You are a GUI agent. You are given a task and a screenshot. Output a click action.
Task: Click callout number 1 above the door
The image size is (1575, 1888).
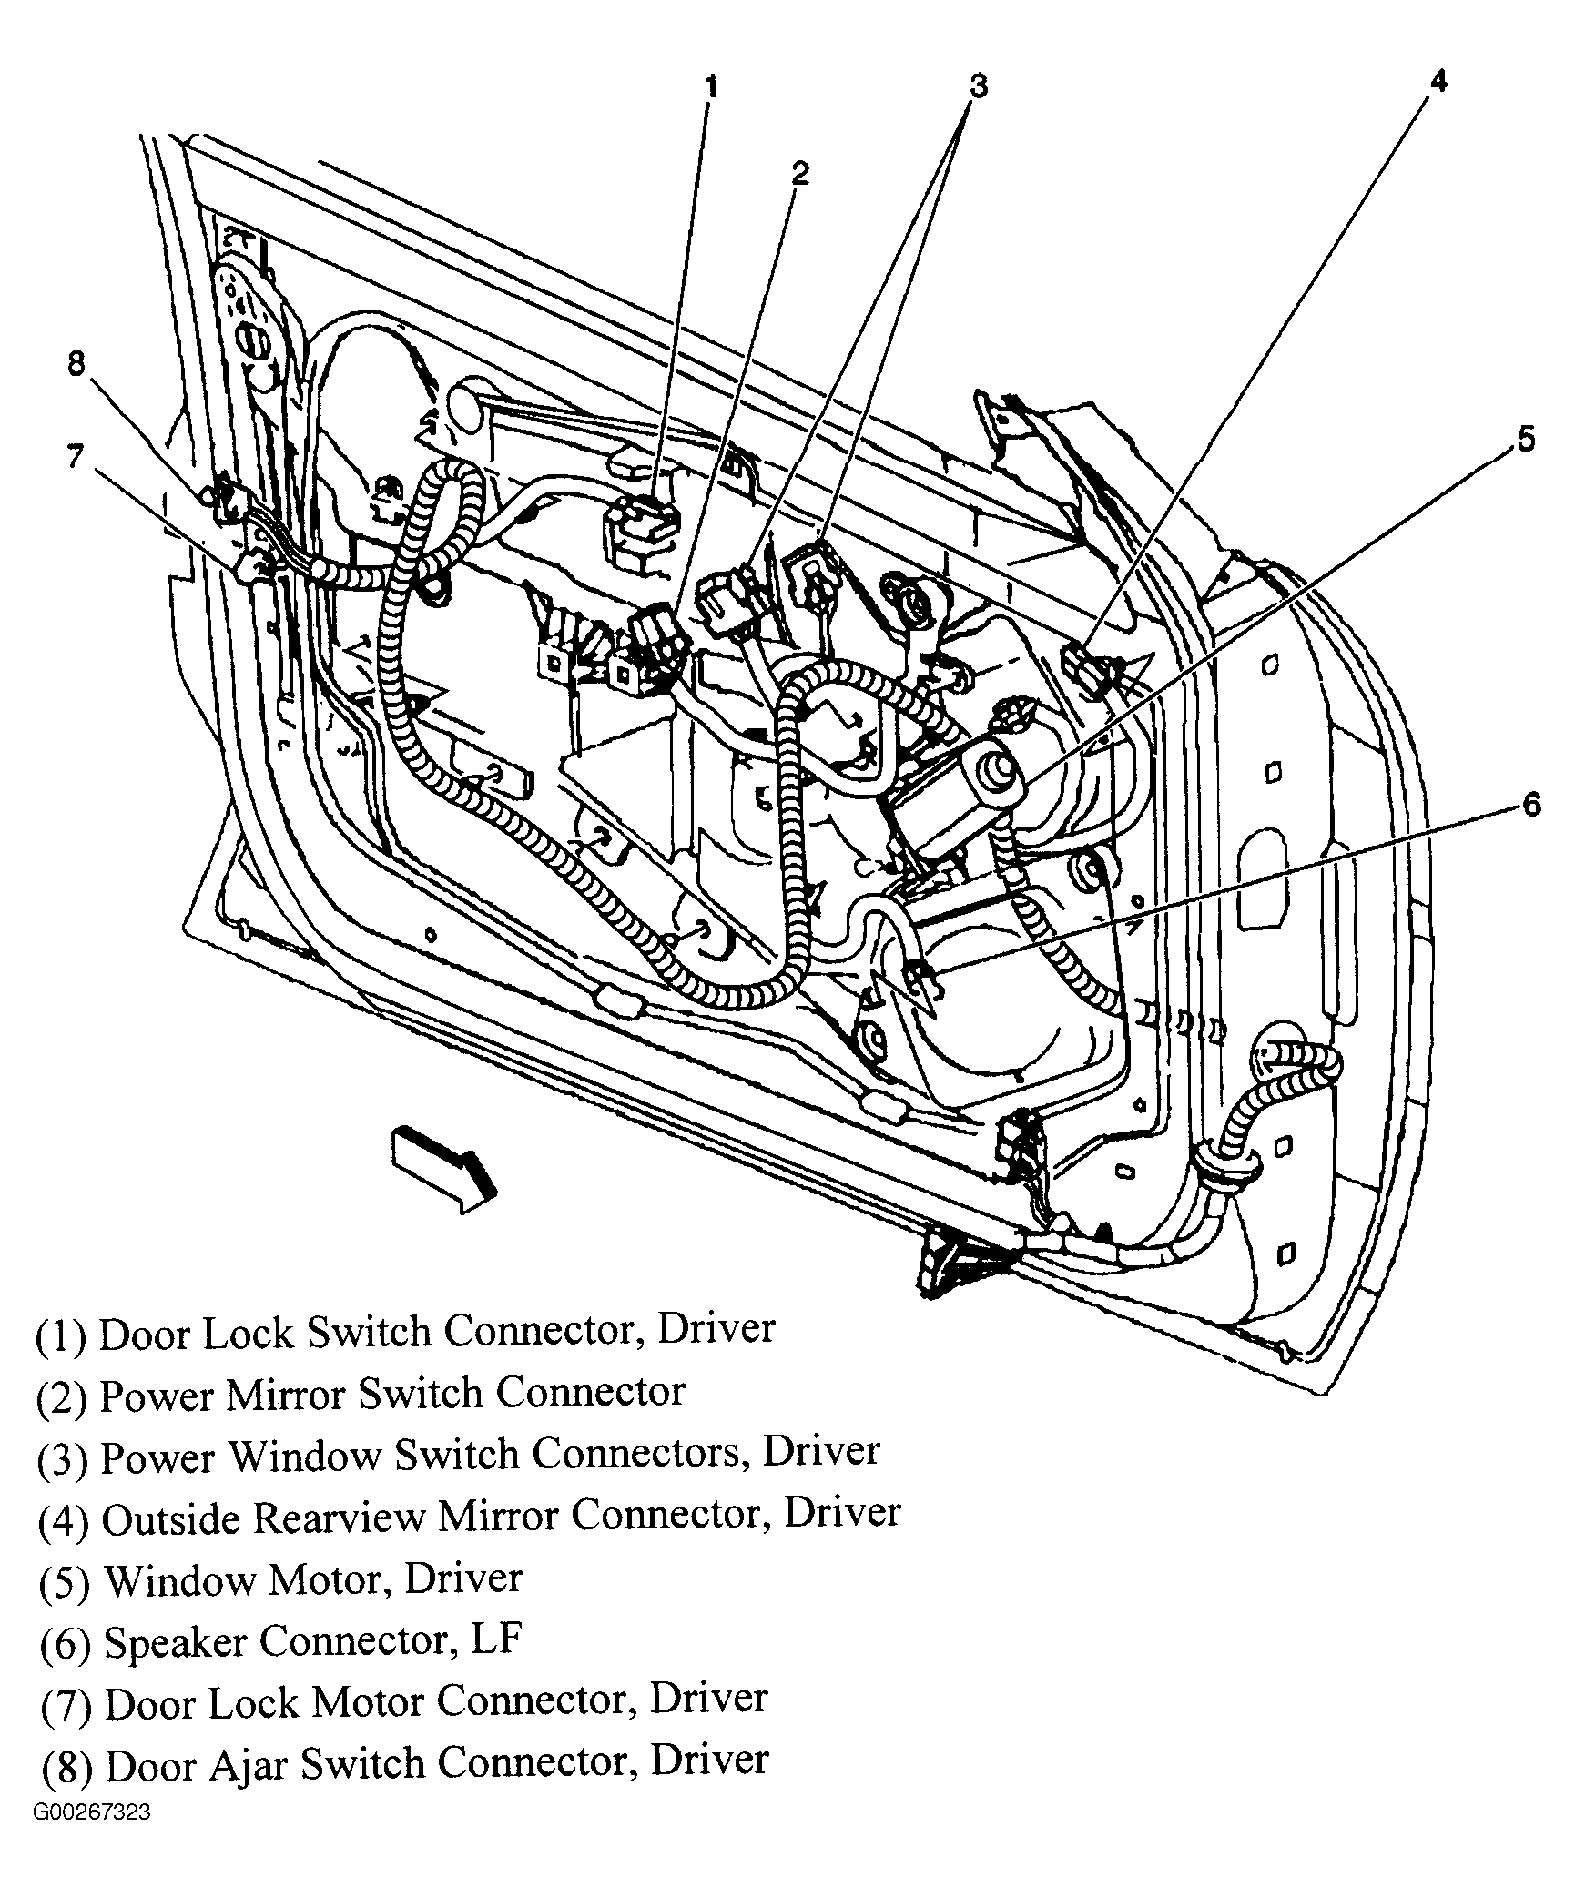click(711, 87)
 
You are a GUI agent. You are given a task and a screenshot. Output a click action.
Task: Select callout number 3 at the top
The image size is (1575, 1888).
click(977, 86)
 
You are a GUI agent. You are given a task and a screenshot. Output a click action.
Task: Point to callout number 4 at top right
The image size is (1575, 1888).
click(1437, 82)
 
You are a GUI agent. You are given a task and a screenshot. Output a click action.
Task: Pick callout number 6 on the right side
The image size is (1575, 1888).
click(1530, 804)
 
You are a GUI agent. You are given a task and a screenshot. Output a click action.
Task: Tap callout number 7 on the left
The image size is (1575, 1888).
click(76, 456)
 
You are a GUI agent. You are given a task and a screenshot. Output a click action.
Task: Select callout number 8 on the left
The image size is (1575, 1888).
click(76, 364)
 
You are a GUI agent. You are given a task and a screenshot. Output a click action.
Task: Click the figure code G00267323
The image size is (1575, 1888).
click(92, 1838)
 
